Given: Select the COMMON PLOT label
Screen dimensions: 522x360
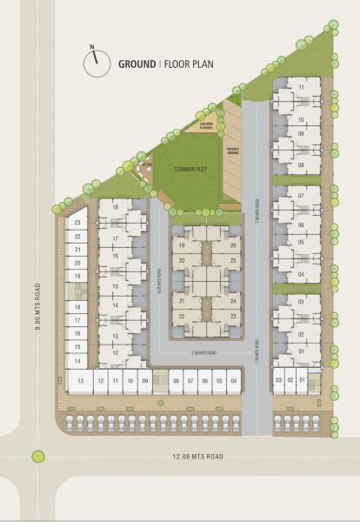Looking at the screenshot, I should [x=189, y=168].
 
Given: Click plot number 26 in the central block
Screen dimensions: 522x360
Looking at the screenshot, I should [x=233, y=246].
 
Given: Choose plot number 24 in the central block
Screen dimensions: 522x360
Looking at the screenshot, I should [x=233, y=301].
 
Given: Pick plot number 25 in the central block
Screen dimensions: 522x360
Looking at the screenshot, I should [x=233, y=259].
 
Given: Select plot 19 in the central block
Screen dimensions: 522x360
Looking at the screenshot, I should [x=182, y=246].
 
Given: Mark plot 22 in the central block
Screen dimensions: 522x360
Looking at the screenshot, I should [x=182, y=315].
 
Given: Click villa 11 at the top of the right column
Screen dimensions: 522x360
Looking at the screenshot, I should [x=301, y=88].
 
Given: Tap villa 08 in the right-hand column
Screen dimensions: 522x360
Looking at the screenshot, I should [x=301, y=164].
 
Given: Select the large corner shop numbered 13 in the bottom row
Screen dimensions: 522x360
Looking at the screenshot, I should [x=80, y=381].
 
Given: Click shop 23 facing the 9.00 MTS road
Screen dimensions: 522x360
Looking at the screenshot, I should [x=77, y=223].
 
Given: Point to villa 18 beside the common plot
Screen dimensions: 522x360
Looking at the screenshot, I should [x=115, y=207].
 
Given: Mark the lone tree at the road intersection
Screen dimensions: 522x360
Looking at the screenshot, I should [x=37, y=456].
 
